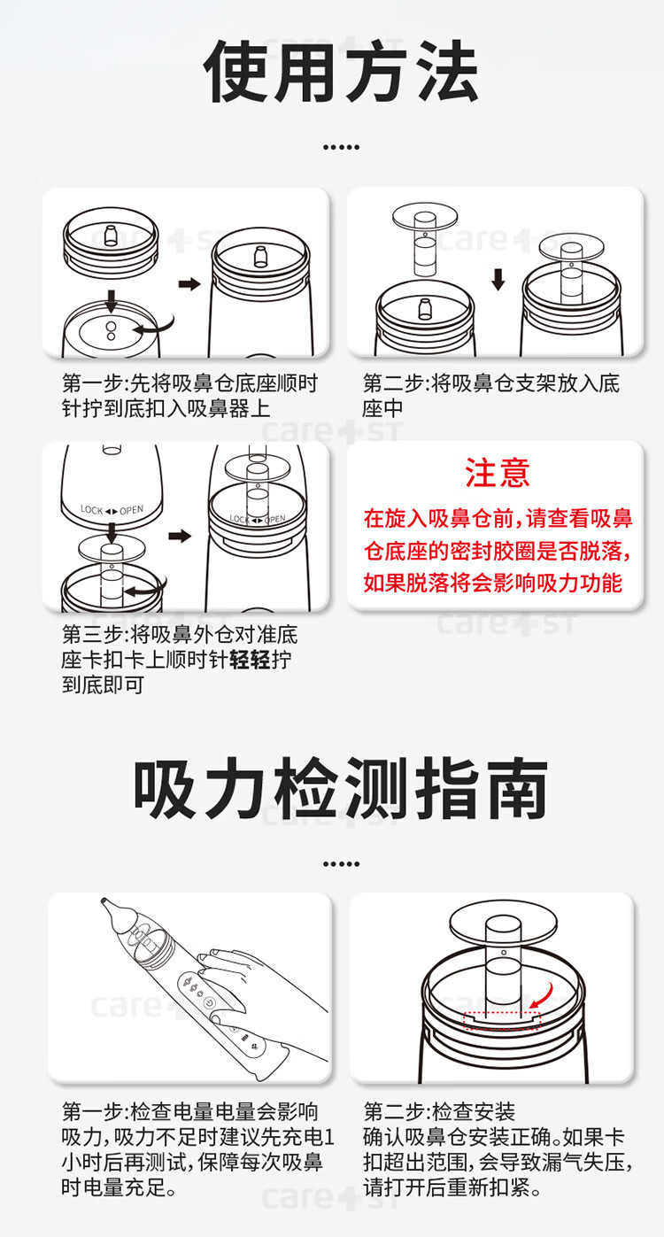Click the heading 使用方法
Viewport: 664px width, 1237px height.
tap(341, 72)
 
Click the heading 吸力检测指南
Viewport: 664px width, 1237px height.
tap(341, 789)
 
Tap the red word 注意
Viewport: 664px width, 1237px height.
tap(498, 473)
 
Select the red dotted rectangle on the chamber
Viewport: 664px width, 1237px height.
tap(502, 1021)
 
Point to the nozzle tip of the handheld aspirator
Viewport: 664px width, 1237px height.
tap(104, 901)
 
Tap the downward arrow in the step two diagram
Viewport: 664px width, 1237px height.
tap(498, 280)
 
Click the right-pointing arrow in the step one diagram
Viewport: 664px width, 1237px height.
tap(189, 284)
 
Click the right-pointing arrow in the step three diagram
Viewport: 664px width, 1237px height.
tap(180, 536)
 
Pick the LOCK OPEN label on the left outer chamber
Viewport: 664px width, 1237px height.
tap(112, 510)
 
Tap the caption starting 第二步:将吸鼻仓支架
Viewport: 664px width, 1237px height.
tap(491, 396)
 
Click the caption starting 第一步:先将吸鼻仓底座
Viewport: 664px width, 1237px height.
tap(189, 396)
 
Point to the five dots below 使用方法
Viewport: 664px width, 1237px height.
tap(341, 148)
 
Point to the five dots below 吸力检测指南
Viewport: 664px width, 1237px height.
tap(341, 864)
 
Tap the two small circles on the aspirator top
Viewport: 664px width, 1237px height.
tap(111, 331)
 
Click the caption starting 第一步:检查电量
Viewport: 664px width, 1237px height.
tap(197, 1148)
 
